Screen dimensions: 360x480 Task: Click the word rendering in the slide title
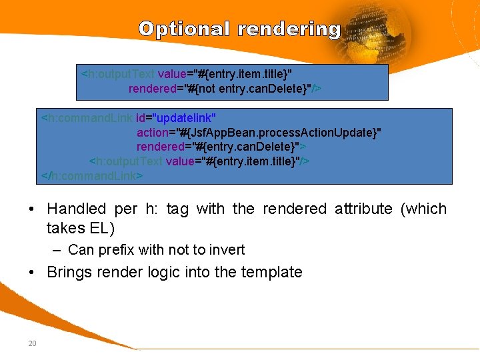pos(289,29)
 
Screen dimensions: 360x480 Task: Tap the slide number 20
pos(31,343)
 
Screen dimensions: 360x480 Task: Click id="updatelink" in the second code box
pos(176,118)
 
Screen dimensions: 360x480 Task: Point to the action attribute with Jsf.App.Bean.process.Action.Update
pos(259,132)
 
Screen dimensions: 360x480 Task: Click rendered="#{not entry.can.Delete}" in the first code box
pos(225,88)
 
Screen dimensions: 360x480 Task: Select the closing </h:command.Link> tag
pos(92,176)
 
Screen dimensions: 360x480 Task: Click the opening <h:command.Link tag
pos(87,118)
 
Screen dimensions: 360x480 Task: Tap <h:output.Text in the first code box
pos(117,73)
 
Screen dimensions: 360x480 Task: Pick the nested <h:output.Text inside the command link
pos(126,161)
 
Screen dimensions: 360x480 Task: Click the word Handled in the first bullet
pos(76,209)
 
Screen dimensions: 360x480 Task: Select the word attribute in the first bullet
pos(363,209)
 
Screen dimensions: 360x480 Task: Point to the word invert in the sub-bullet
pos(227,250)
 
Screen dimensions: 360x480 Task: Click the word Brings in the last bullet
pos(69,272)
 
